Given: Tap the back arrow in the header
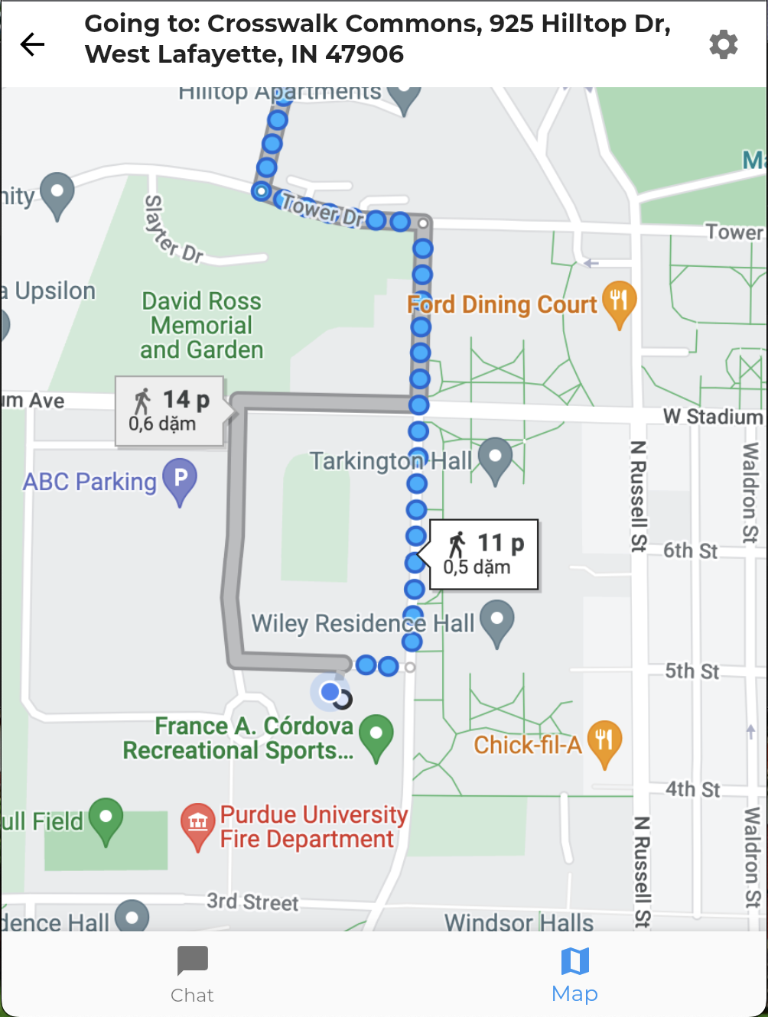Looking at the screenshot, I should tap(33, 44).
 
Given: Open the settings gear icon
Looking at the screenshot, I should tap(723, 44).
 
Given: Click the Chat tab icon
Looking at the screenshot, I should tap(192, 961).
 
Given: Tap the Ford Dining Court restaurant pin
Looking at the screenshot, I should tap(619, 302).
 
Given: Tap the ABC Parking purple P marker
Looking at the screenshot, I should tap(181, 479).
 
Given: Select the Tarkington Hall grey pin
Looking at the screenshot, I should tap(495, 458).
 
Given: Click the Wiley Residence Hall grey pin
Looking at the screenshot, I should tap(497, 621).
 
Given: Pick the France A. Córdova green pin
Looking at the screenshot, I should tap(376, 736).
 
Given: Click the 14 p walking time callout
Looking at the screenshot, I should tap(170, 411).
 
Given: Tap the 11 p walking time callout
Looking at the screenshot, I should tap(484, 554).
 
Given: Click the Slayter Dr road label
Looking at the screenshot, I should tap(172, 229).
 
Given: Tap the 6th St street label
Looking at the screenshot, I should tap(690, 551).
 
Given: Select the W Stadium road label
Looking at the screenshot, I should tap(713, 417).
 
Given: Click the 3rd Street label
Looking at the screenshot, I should tap(252, 902).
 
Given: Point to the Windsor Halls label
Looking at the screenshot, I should tap(519, 922).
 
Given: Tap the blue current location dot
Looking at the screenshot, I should tap(330, 692).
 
